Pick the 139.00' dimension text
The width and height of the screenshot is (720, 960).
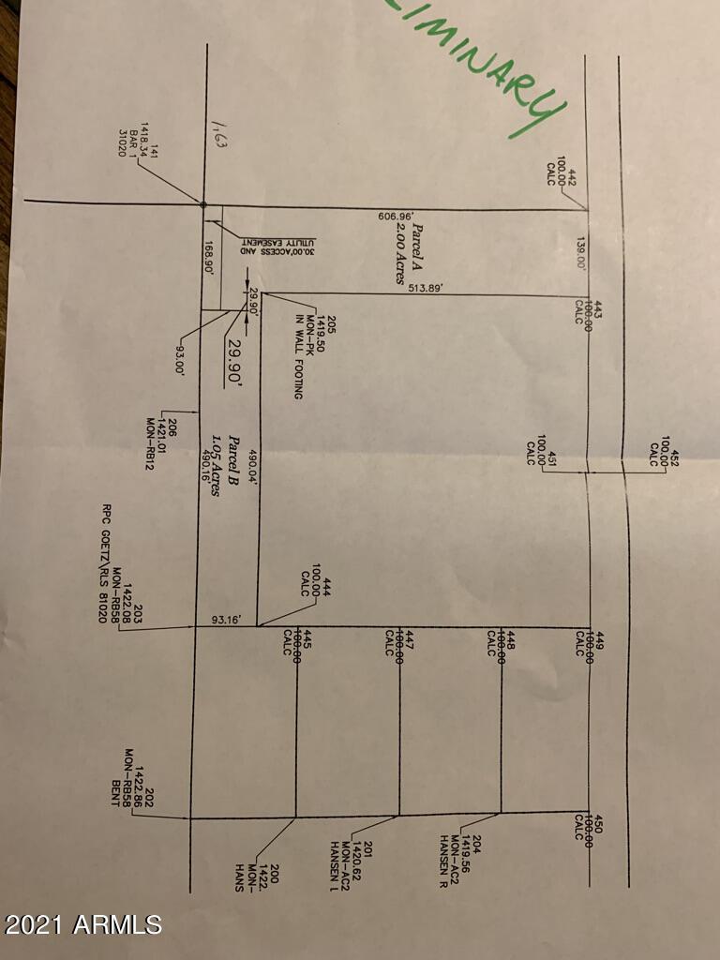pyautogui.click(x=582, y=253)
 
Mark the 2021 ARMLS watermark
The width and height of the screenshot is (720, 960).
pyautogui.click(x=83, y=924)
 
